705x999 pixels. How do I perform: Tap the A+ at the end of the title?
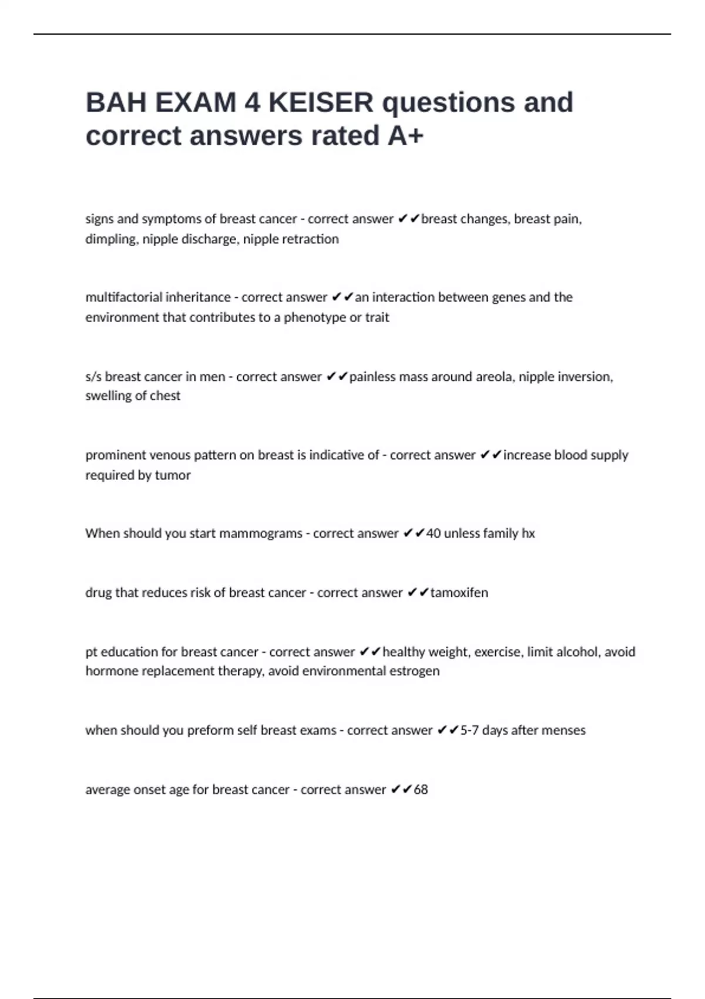pos(405,136)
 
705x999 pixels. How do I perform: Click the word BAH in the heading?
pos(116,103)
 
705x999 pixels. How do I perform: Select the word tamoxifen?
pos(459,592)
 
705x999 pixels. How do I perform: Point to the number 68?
pos(421,789)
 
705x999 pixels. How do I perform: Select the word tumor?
pos(173,475)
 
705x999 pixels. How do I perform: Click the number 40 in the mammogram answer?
pos(433,534)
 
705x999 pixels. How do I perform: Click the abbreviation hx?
pos(528,534)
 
